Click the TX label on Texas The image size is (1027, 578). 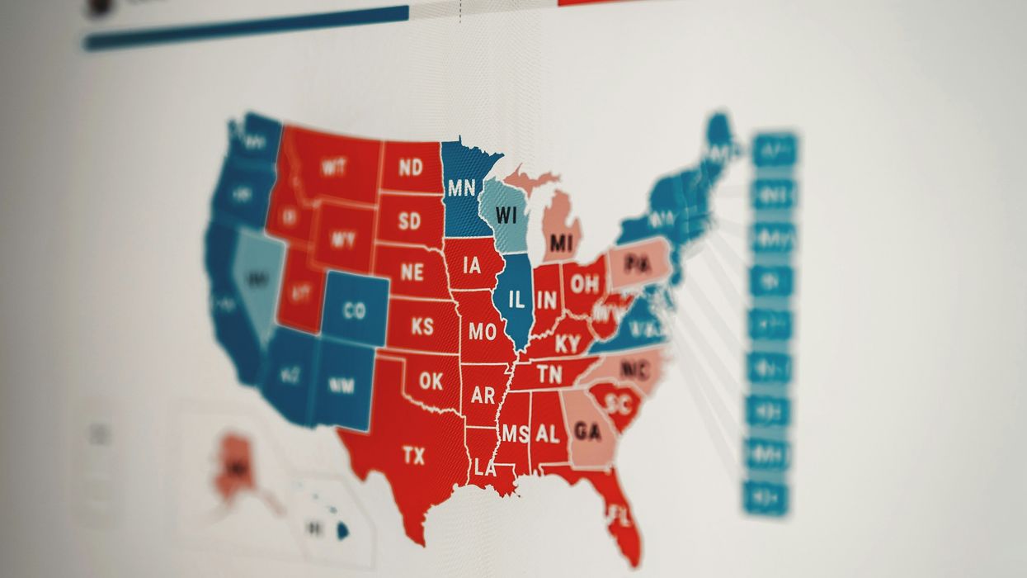[x=413, y=455]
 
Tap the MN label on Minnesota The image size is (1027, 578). [x=461, y=187]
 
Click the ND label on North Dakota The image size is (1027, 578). [x=410, y=168]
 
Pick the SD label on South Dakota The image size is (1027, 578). [x=409, y=220]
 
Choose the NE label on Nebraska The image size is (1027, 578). [x=412, y=272]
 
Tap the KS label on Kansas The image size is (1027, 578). [x=422, y=326]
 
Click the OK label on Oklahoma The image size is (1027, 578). [x=431, y=381]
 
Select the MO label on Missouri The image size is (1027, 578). [x=482, y=332]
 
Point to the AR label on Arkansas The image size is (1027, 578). [x=483, y=395]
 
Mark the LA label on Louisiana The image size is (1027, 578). [x=485, y=469]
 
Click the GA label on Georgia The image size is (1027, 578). [x=587, y=431]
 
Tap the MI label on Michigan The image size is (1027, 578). [x=562, y=244]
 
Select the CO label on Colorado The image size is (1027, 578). [x=354, y=311]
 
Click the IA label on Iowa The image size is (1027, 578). [x=472, y=265]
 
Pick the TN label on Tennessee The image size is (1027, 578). [x=549, y=374]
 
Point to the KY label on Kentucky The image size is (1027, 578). [x=568, y=343]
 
